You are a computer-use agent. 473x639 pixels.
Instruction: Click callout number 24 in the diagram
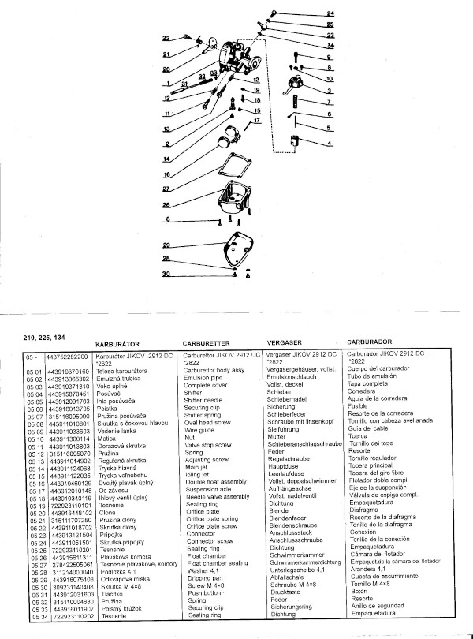330,14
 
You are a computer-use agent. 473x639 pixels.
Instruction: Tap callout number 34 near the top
330,46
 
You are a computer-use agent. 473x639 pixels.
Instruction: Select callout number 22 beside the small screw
166,38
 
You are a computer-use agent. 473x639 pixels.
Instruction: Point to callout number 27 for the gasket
166,190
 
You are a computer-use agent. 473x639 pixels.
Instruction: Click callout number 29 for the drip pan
166,245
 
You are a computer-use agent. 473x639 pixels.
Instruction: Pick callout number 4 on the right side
330,144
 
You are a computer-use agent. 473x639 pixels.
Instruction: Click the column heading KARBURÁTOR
117,345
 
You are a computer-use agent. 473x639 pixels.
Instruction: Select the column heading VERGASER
289,345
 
